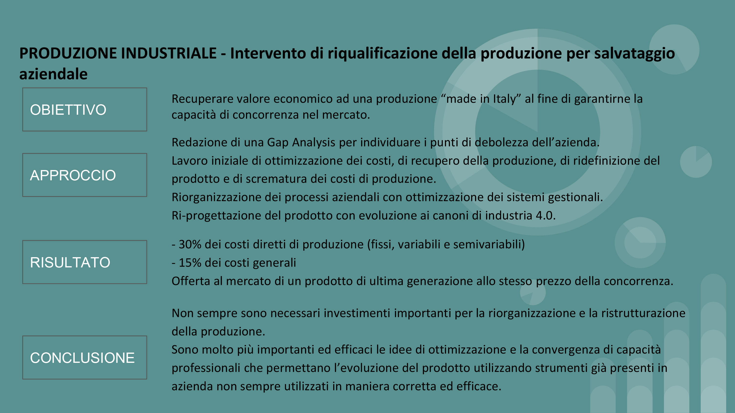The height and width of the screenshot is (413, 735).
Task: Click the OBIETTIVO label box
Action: click(x=85, y=109)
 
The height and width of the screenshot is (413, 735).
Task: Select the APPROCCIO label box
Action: click(x=85, y=175)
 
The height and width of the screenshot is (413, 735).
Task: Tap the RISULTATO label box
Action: click(x=85, y=262)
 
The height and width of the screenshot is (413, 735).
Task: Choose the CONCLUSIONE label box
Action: click(x=85, y=358)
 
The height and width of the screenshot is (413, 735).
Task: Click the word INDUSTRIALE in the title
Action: click(x=169, y=53)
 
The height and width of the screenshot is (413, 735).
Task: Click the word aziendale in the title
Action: click(x=53, y=74)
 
